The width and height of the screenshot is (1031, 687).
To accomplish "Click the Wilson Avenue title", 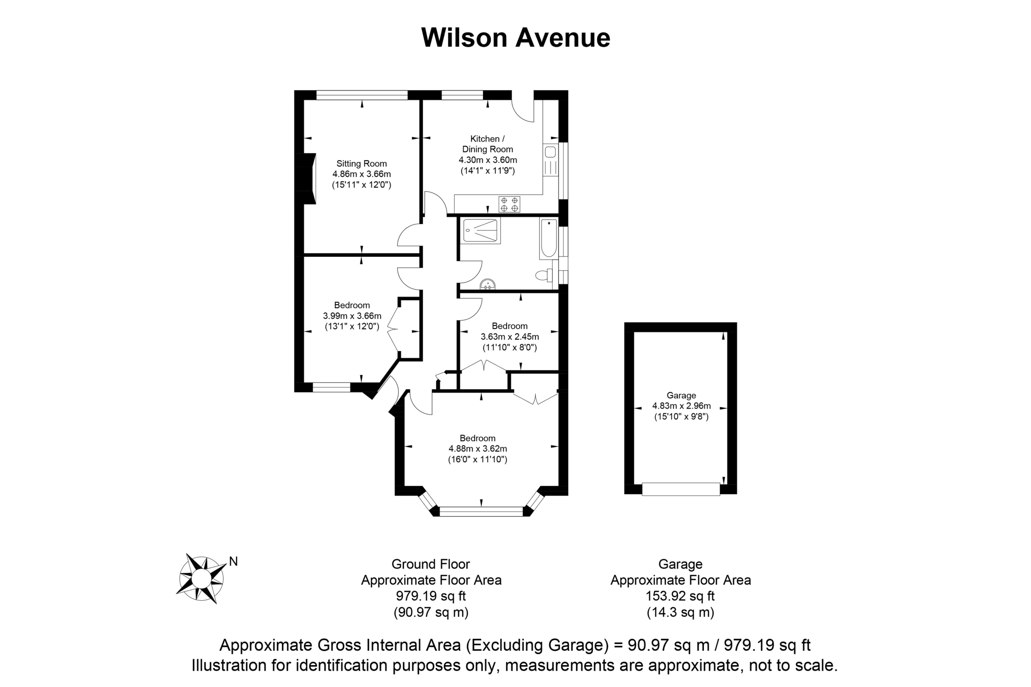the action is [515, 38].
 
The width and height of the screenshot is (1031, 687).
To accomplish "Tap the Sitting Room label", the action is [362, 163].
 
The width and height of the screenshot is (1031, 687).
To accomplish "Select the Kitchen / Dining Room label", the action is [487, 144].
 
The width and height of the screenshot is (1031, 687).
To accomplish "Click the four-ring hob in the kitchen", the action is [509, 204].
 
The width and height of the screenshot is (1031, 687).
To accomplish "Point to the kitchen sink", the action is [551, 160].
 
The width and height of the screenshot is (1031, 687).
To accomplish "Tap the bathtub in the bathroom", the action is [549, 239].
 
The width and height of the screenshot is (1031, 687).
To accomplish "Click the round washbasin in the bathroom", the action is [488, 285].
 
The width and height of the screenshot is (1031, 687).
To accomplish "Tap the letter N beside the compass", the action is [233, 561].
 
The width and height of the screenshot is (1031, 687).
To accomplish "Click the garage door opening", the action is [681, 489].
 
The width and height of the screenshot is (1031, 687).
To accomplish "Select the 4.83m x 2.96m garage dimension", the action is [682, 406].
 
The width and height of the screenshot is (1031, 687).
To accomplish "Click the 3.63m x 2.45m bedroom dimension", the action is [510, 337].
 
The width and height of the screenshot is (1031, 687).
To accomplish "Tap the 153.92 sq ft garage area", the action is [680, 596].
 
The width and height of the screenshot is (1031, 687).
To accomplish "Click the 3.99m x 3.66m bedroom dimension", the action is [352, 316].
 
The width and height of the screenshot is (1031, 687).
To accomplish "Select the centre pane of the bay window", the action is [481, 511].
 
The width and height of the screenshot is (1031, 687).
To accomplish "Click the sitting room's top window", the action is [362, 95].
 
